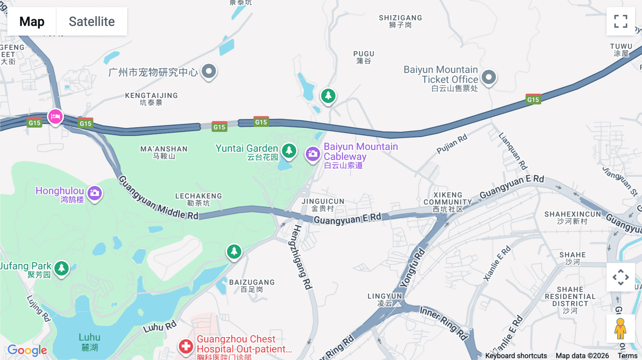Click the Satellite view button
click(92, 21)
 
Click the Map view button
click(32, 21)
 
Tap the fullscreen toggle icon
click(621, 21)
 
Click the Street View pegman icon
click(620, 329)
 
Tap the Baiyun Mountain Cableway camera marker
click(313, 154)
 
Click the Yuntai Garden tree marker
click(289, 151)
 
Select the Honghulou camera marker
click(95, 193)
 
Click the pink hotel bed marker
click(55, 116)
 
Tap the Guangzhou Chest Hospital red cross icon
click(186, 346)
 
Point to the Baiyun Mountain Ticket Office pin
click(489, 77)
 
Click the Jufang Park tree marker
click(61, 268)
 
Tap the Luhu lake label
click(90, 341)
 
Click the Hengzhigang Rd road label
click(302, 257)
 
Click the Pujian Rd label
click(452, 144)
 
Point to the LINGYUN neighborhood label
click(384, 299)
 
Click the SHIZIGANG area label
click(400, 21)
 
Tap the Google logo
click(27, 350)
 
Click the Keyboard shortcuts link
click(516, 355)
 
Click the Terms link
click(627, 355)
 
